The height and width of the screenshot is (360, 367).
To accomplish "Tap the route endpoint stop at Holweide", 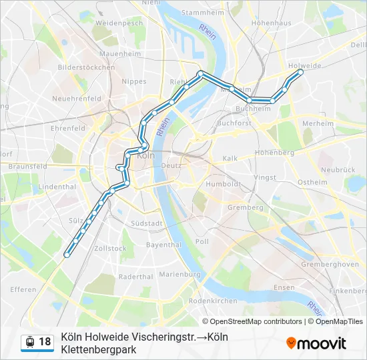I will (300, 71).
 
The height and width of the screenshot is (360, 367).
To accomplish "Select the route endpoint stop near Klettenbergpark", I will (66, 255).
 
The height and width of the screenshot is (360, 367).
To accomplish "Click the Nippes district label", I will (133, 81).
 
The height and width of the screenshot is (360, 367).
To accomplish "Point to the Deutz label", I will (171, 165).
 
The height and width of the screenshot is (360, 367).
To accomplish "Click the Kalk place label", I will (230, 158).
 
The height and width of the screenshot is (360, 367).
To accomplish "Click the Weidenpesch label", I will (119, 23).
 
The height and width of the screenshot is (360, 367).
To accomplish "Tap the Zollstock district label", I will (110, 248).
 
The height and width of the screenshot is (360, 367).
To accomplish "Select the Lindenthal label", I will (57, 187).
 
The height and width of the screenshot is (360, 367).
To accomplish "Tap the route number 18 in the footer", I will (45, 342).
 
